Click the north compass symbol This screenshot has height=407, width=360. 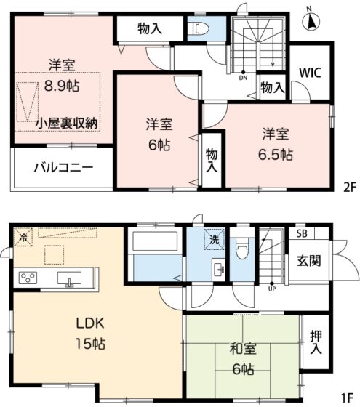tap(311, 20)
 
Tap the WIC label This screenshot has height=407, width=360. tap(310, 73)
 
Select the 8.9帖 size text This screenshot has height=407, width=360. tap(62, 86)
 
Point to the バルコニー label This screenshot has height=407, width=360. tap(64, 167)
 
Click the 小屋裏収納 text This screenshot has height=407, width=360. tap(66, 124)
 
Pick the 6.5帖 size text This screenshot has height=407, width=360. tap(276, 155)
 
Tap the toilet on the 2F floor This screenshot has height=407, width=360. tap(199, 28)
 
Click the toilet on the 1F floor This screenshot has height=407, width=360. tap(241, 249)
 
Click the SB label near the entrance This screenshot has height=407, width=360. tap(302, 234)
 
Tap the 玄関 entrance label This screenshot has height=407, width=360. tap(309, 261)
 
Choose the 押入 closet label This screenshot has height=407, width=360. tap(316, 342)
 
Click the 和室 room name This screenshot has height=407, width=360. tap(243, 349)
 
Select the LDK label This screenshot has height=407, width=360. tap(90, 323)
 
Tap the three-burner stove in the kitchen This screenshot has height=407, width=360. tap(28, 278)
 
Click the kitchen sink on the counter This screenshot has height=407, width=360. tap(69, 279)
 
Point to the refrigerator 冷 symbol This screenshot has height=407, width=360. tap(23, 237)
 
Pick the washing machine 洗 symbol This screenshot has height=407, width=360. tap(215, 239)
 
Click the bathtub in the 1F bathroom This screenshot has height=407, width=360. tap(156, 241)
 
